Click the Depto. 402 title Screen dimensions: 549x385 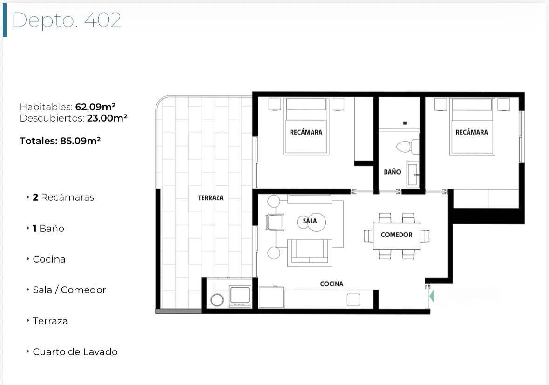click(x=67, y=20)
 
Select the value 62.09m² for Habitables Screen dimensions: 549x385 click(x=95, y=107)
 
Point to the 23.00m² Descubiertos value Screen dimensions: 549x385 click(x=107, y=118)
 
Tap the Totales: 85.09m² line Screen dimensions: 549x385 click(x=60, y=141)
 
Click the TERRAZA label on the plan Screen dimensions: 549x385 click(x=210, y=198)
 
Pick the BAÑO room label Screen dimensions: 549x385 click(x=393, y=172)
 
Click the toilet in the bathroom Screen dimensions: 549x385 click(x=407, y=146)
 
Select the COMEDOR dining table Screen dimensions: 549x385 click(x=396, y=236)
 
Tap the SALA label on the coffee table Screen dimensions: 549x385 click(x=310, y=221)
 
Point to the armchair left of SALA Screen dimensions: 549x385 click(x=274, y=223)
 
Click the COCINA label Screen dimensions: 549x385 click(x=332, y=284)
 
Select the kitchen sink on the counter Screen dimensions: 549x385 click(x=353, y=300)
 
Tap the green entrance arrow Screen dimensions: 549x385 click(x=431, y=296)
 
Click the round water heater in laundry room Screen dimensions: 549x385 click(x=217, y=300)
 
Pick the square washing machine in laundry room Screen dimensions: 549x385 click(x=240, y=296)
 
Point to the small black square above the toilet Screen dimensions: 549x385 click(x=405, y=123)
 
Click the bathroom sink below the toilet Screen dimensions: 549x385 click(x=413, y=174)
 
